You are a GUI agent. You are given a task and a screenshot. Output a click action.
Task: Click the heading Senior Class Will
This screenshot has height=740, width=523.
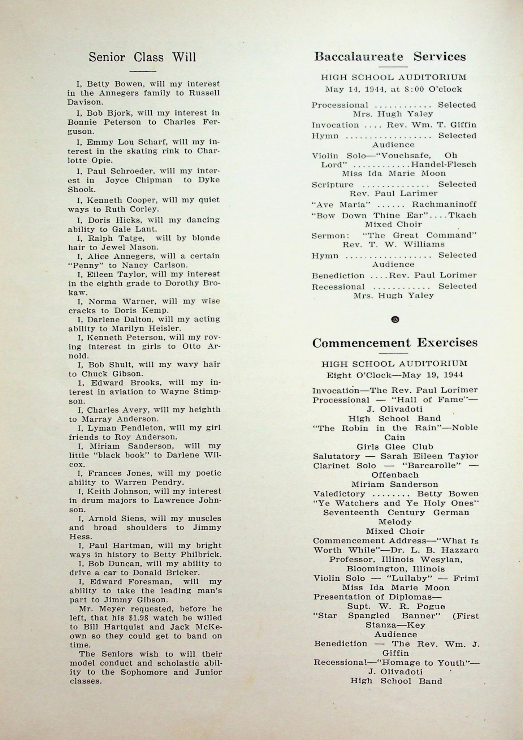142,57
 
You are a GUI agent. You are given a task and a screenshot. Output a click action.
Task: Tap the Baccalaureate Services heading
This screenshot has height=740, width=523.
390,57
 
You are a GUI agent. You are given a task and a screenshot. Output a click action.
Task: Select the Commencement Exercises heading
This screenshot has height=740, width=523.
395,343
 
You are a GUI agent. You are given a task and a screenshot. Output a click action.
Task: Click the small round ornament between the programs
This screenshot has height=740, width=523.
395,319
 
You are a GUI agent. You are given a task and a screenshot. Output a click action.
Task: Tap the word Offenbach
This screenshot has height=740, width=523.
395,475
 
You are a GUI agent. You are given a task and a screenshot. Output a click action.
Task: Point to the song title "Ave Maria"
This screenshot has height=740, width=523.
341,205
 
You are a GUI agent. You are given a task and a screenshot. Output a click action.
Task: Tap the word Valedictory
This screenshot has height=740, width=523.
339,494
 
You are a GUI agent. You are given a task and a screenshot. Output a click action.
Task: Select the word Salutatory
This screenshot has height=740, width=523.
336,456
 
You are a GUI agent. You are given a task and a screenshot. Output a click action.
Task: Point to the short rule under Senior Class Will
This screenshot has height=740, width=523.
142,71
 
